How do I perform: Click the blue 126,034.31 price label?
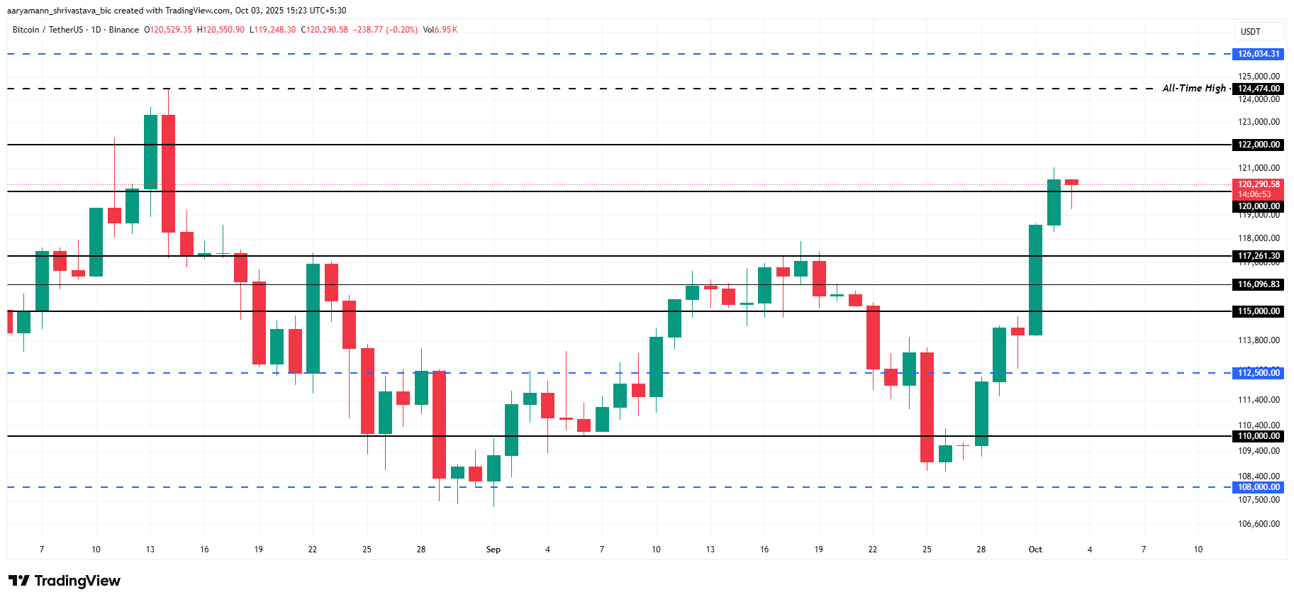(1259, 54)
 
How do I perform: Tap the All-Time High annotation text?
(1193, 88)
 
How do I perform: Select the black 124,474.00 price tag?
(1259, 89)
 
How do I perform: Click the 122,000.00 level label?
(1259, 145)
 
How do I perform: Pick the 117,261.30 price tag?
(1259, 256)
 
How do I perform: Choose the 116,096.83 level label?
(1259, 284)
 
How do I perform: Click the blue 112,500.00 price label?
(1259, 373)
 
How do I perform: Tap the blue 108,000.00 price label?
(1259, 487)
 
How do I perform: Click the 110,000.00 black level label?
(1259, 436)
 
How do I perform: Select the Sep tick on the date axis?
(493, 550)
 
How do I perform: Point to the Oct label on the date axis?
(1035, 550)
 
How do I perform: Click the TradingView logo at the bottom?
(65, 581)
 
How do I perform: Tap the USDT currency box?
(1251, 32)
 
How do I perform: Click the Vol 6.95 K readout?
(440, 30)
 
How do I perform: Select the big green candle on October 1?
(1036, 280)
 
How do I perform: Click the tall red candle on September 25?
(927, 407)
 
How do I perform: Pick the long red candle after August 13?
(168, 173)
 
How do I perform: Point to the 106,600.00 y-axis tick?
(1259, 524)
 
